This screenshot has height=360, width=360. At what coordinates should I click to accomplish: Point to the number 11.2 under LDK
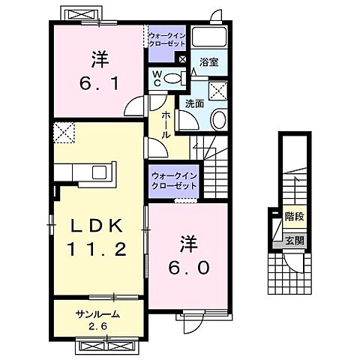tap(97, 248)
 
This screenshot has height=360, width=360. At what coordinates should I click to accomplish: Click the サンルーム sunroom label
tap(97, 313)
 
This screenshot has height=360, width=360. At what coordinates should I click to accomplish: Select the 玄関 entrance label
tap(295, 241)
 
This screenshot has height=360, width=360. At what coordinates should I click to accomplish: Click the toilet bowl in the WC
tap(172, 78)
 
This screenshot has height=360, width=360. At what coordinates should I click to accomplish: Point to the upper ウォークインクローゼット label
tap(166, 39)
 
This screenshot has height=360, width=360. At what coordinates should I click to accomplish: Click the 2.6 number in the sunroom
tap(97, 325)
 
